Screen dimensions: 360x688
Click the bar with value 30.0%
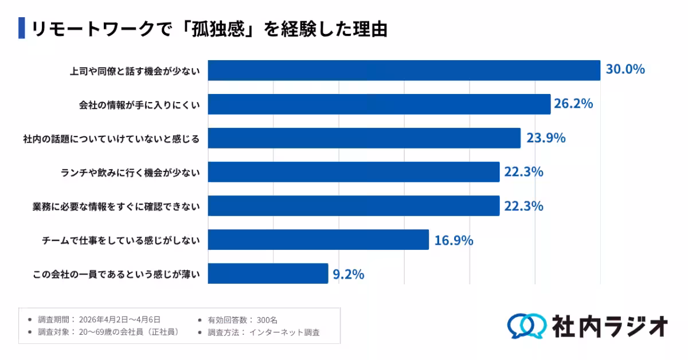click(404, 70)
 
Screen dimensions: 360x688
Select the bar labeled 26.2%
click(379, 104)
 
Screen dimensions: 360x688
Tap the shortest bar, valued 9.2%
click(268, 274)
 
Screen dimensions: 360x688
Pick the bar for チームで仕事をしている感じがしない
click(318, 240)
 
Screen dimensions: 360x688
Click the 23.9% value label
click(546, 138)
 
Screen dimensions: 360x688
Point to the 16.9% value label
click(454, 240)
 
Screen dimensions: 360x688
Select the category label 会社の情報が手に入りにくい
click(139, 106)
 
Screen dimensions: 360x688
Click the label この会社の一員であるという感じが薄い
click(116, 275)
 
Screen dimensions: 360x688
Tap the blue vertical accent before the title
click(22, 28)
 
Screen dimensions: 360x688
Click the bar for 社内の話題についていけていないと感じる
click(364, 138)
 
